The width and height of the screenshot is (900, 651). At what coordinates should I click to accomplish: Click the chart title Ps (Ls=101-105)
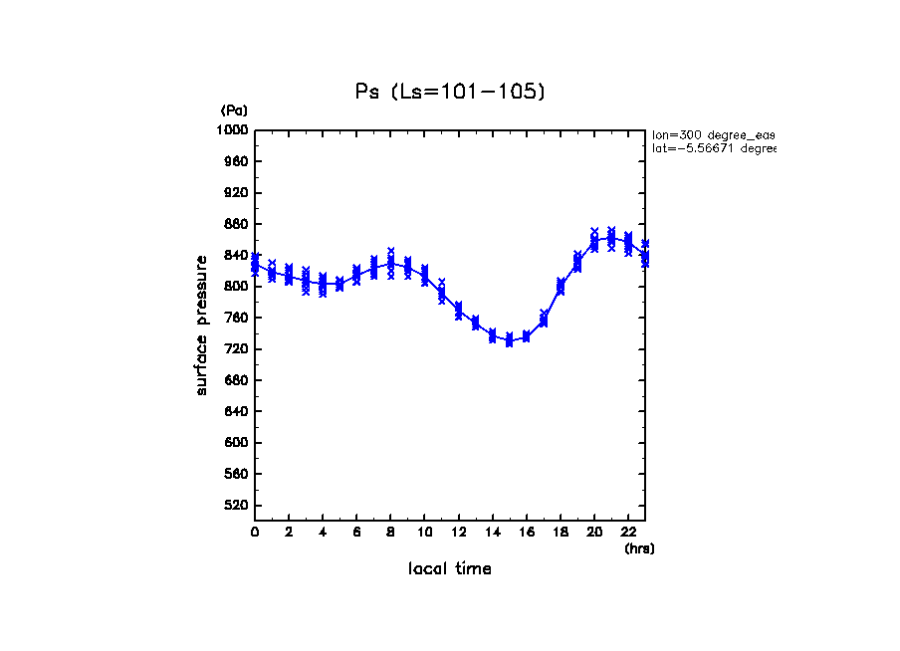450,92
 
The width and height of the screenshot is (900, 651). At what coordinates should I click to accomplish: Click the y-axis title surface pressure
202,324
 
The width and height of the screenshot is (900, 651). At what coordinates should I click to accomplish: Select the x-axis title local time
449,569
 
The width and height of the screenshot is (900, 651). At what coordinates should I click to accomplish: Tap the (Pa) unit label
234,110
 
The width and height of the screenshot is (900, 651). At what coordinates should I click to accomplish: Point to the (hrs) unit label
639,548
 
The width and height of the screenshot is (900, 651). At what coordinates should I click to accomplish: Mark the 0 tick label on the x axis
255,533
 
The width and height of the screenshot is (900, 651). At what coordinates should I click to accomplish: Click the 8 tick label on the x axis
390,533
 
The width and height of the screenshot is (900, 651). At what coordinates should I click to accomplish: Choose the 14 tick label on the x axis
492,533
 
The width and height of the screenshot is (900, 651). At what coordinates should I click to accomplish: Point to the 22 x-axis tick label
628,533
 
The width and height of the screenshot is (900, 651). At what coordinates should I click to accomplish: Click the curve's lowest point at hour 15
509,340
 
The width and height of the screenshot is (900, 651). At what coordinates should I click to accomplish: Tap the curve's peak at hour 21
611,237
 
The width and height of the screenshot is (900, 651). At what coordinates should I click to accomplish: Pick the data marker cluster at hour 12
458,312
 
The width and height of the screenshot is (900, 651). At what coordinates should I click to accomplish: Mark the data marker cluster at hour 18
561,287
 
